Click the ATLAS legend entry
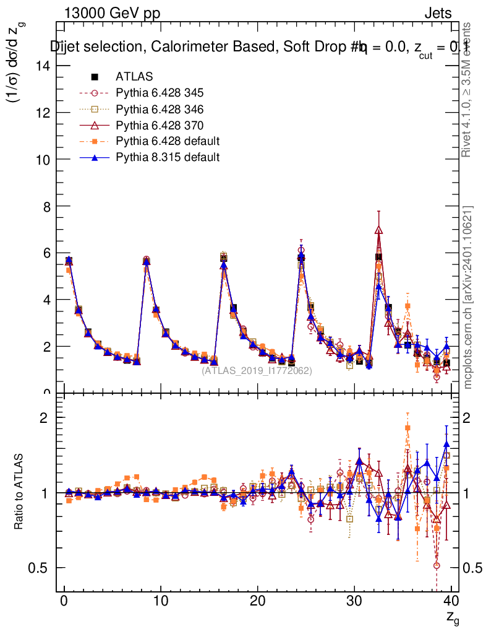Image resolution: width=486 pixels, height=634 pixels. pyautogui.click(x=134, y=77)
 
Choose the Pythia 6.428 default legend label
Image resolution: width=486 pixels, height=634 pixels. pyautogui.click(x=168, y=141)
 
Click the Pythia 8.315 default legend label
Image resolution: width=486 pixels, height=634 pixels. pyautogui.click(x=168, y=157)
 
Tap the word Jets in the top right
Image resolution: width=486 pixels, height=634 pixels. pyautogui.click(x=438, y=13)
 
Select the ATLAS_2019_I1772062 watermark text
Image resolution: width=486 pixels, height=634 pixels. pyautogui.click(x=257, y=371)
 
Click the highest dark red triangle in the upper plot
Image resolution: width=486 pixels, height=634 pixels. pyautogui.click(x=378, y=230)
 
